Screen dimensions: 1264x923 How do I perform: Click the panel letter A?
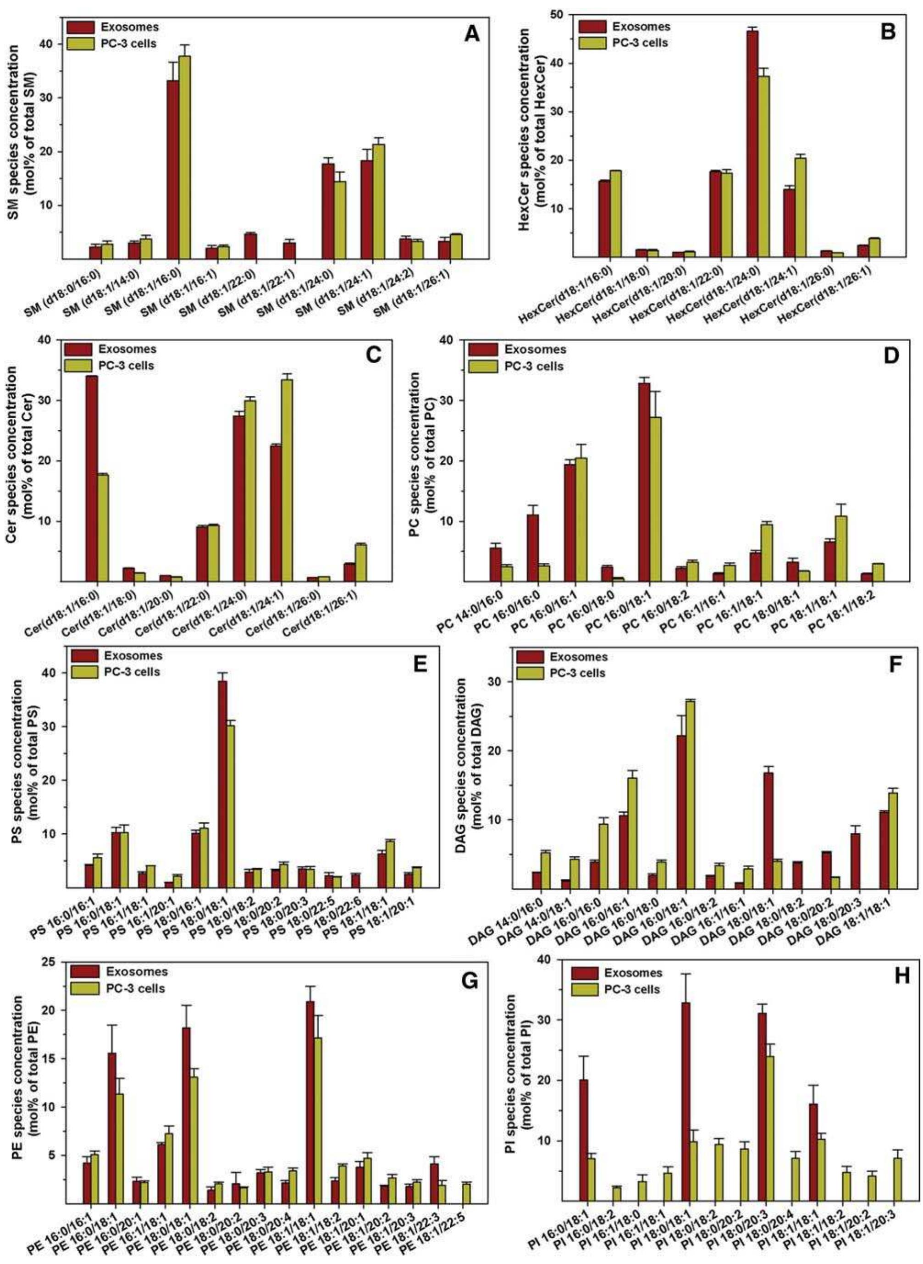[472, 35]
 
